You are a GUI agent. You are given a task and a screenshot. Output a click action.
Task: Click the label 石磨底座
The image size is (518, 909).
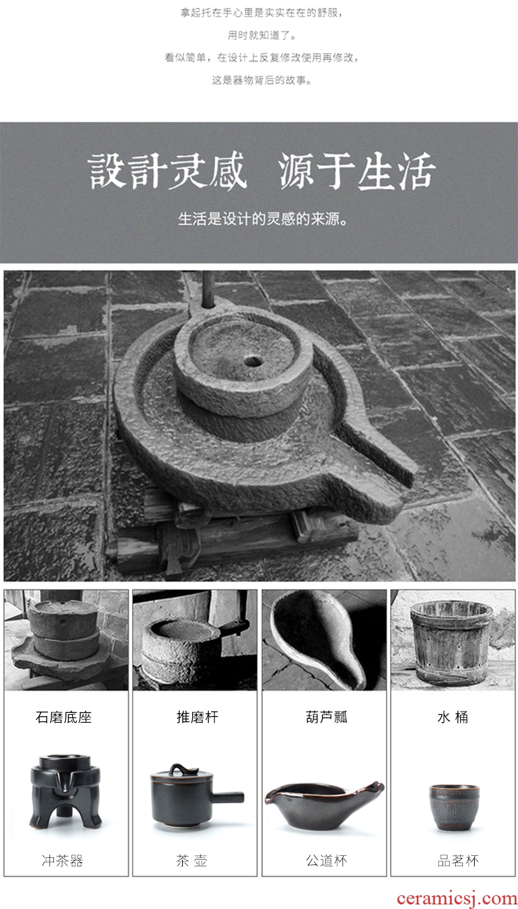[x=64, y=717]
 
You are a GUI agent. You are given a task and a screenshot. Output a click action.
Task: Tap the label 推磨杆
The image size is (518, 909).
[x=197, y=717]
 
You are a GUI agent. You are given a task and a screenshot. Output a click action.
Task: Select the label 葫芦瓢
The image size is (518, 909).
[x=327, y=717]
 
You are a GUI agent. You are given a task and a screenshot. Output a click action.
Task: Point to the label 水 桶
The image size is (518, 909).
[x=452, y=717]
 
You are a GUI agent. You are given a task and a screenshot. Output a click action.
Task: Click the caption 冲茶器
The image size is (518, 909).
[x=62, y=860]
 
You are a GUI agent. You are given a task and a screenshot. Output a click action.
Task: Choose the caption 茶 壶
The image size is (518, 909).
[x=191, y=860]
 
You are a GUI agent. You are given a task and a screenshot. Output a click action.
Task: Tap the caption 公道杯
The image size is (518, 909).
[x=327, y=860]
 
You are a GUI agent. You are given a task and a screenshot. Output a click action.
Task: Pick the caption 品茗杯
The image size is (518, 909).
[x=458, y=860]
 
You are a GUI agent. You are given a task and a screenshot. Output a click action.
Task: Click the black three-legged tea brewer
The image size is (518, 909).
[x=65, y=792]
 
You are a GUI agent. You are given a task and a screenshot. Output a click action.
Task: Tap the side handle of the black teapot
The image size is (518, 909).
[x=228, y=797]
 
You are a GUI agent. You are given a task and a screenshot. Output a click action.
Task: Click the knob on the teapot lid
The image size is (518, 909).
[x=182, y=768]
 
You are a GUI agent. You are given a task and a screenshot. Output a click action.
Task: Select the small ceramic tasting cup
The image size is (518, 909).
[x=454, y=807]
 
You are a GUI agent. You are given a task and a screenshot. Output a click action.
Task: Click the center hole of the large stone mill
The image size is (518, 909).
[x=253, y=360]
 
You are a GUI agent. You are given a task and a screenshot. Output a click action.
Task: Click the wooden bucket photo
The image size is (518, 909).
[x=452, y=640]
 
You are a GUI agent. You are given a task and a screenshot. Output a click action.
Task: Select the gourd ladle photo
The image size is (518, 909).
[x=324, y=640]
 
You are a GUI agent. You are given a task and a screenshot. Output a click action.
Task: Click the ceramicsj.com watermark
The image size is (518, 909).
[x=456, y=899]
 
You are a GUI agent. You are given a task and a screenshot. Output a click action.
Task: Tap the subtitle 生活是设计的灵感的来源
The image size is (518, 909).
[x=263, y=219]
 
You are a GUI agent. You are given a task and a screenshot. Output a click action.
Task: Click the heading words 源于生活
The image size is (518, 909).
[x=356, y=172]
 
